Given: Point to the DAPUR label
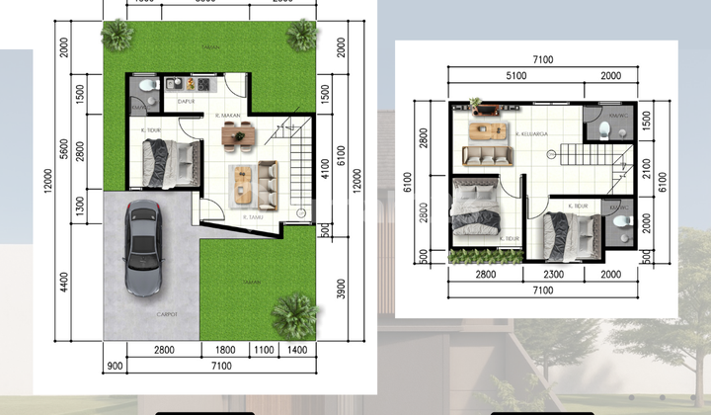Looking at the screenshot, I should pos(185,101).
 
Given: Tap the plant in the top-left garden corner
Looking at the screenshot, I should pos(118,36).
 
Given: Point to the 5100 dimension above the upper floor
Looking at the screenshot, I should pos(510,75).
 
